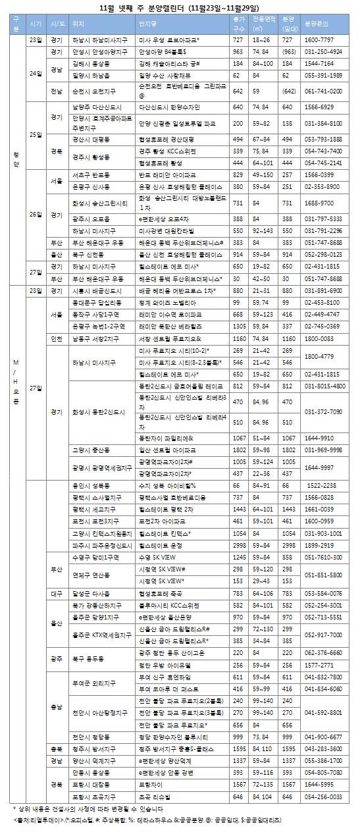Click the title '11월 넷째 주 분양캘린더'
(x=180, y=7)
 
